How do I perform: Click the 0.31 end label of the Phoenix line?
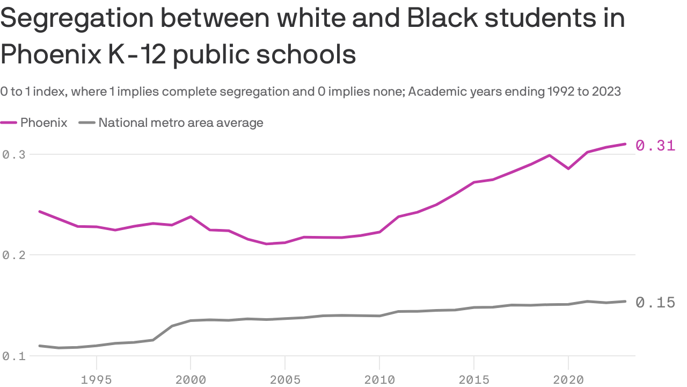[655, 145]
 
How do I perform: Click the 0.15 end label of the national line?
[655, 303]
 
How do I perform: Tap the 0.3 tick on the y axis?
[14, 155]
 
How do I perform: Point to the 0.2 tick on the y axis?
[14, 255]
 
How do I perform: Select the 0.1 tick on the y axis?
[14, 356]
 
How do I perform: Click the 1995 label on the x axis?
[96, 379]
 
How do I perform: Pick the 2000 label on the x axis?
[191, 379]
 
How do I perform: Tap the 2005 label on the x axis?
[285, 379]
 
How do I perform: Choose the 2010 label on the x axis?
[379, 379]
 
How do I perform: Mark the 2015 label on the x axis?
[474, 379]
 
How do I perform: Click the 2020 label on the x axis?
[568, 379]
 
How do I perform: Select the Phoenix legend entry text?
[44, 123]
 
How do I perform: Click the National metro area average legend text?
[181, 123]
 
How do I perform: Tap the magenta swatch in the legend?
[9, 123]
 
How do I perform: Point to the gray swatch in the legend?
[87, 123]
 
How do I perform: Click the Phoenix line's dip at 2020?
[568, 169]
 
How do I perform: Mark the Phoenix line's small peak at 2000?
[191, 217]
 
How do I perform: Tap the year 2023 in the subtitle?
[606, 91]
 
